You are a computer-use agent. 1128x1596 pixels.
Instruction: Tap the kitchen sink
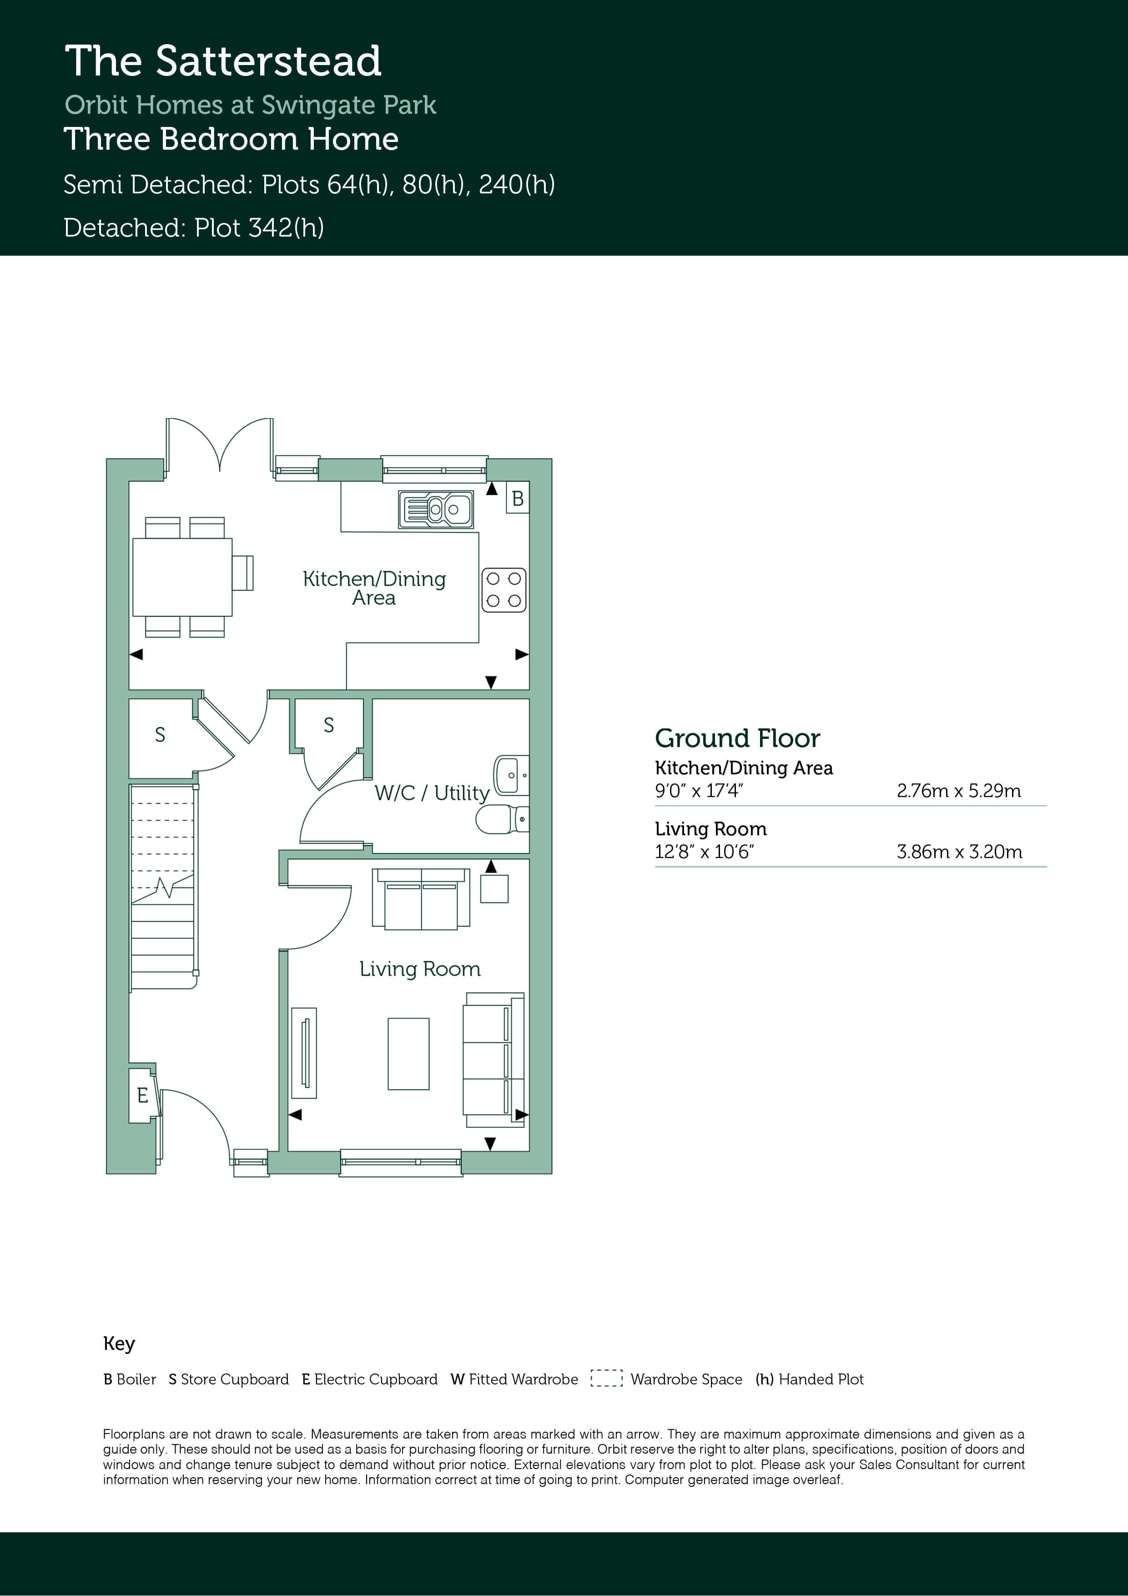point(436,510)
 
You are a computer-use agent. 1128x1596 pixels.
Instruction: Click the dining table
point(182,577)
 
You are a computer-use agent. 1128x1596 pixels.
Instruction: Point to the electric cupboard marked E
point(142,1096)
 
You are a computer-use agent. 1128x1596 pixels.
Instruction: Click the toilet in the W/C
point(502,819)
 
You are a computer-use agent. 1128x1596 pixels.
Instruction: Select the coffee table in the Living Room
point(408,1053)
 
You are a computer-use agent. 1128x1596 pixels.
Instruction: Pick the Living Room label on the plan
point(420,969)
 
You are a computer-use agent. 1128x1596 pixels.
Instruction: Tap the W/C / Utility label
point(432,793)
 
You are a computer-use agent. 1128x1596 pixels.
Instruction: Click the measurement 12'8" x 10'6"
point(705,852)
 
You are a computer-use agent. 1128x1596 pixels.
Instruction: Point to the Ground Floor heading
point(737,738)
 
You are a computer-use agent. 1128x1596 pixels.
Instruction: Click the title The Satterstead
point(223,61)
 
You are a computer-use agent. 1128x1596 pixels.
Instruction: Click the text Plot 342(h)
point(259,228)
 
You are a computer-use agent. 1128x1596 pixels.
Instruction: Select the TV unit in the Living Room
point(304,1053)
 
